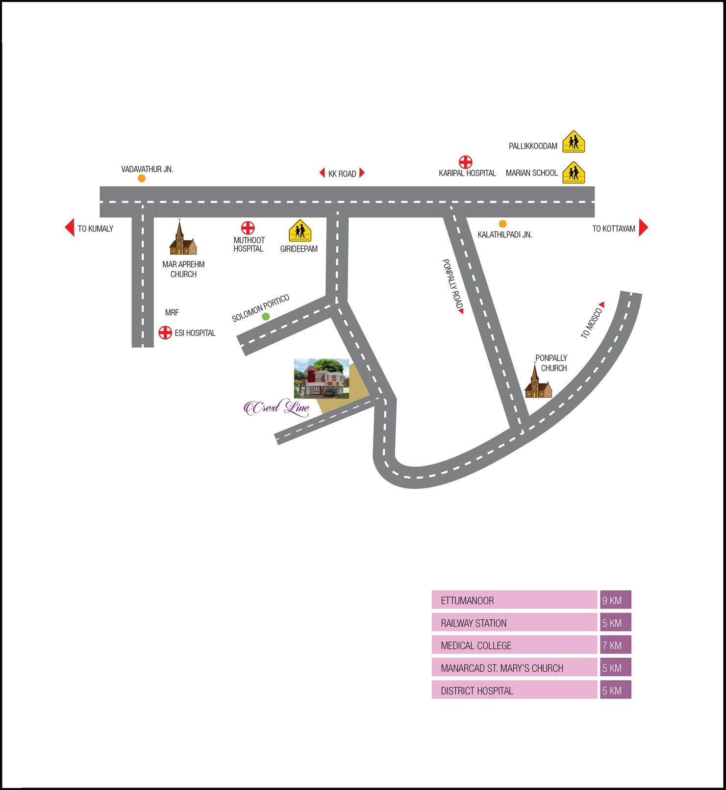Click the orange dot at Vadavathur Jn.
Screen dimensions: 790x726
tap(141, 178)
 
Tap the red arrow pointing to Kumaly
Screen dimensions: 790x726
tap(70, 228)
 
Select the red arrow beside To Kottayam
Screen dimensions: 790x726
tap(644, 228)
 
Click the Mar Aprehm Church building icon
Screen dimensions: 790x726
tap(182, 239)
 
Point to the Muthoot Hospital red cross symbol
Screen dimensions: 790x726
tap(248, 228)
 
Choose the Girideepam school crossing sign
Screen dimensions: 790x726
tap(300, 230)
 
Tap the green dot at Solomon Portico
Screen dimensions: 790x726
tap(266, 317)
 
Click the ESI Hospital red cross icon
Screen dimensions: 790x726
tap(165, 332)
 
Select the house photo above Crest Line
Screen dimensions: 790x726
tap(321, 378)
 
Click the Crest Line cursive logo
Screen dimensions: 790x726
tap(277, 408)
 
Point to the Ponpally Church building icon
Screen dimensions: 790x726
tap(538, 382)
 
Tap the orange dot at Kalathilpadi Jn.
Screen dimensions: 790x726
tap(502, 224)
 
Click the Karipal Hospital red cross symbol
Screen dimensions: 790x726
tap(465, 162)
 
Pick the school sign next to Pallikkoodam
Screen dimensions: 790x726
tap(574, 142)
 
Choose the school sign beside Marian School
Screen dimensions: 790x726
tap(574, 173)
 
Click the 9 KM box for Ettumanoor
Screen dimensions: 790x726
tap(615, 600)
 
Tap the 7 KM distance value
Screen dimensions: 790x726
tap(615, 645)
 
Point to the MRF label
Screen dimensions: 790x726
tap(172, 312)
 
